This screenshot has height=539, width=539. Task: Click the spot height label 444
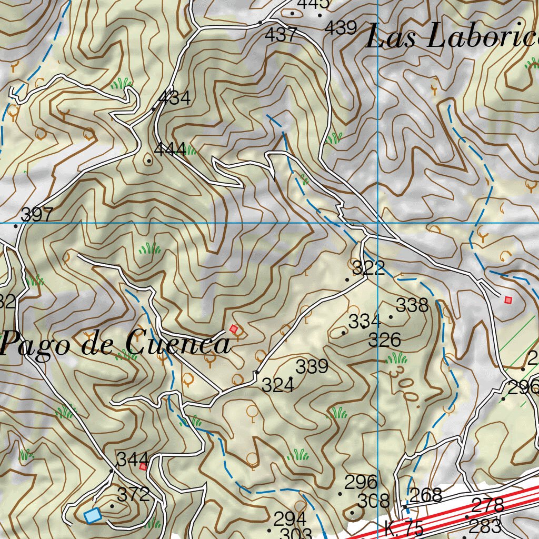(170, 149)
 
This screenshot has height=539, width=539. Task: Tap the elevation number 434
(174, 97)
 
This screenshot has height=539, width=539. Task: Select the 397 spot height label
(37, 215)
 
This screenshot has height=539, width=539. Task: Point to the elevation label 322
(368, 268)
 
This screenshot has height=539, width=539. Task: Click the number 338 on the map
(412, 305)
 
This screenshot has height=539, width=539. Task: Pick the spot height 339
(312, 366)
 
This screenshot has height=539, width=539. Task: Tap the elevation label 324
(278, 385)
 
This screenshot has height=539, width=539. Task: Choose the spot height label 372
(133, 495)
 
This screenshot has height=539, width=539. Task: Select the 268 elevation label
(425, 495)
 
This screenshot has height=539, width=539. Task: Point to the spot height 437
(281, 35)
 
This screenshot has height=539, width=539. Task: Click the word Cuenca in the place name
(178, 344)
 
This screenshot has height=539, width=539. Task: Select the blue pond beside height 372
(93, 515)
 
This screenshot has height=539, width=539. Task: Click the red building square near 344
(143, 466)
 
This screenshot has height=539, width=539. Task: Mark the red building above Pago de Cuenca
(234, 329)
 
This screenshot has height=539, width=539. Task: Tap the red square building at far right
(508, 300)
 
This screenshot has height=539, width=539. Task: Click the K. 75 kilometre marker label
(404, 528)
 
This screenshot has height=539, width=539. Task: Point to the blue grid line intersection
(378, 223)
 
